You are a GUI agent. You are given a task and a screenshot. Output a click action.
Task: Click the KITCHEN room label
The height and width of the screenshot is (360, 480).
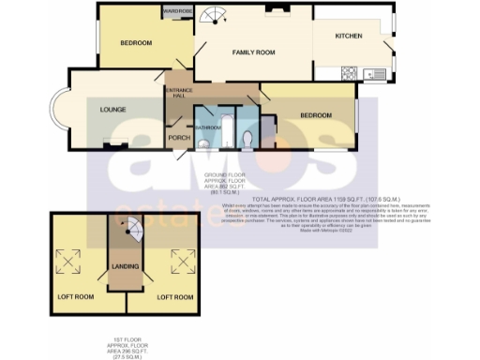pos(349,37)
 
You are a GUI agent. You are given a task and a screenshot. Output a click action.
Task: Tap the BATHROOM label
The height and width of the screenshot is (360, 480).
pos(207,125)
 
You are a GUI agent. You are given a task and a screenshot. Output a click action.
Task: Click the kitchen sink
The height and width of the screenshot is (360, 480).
pos(378,73)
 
